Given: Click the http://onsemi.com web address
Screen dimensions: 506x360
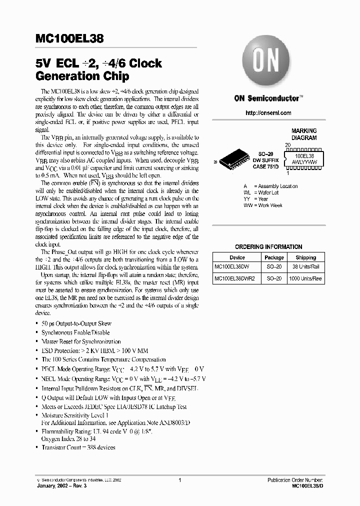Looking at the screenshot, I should pos(268,113).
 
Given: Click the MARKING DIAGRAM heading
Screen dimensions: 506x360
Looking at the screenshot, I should pos(304,134).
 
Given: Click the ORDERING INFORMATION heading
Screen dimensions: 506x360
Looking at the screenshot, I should pos(268,246).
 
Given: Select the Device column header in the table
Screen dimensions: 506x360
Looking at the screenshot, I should pos(237,257).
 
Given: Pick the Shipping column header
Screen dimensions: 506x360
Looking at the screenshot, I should pos(305,257).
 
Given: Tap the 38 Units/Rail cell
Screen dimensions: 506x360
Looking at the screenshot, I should pos(305,267).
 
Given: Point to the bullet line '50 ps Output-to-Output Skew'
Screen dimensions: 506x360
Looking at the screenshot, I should pos(76,323).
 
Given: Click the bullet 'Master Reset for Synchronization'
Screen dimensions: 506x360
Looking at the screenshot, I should pos(81,341).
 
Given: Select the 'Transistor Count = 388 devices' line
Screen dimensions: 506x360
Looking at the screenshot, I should pos(78,447).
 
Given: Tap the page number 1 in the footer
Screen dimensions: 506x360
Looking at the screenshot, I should pos(179,480).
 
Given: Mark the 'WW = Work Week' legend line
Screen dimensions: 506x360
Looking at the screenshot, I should pos(263,205).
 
